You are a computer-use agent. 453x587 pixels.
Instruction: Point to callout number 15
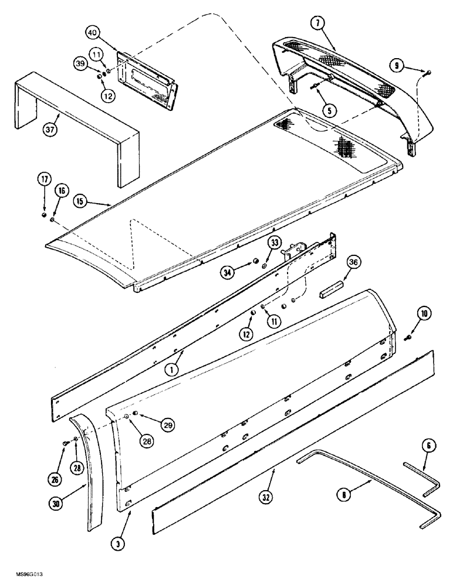[82, 200]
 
